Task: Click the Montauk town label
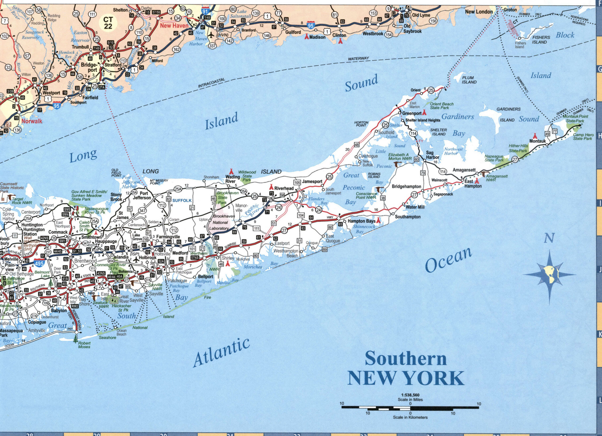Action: (x=538, y=141)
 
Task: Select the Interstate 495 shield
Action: (x=40, y=263)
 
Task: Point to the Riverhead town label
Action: (x=284, y=188)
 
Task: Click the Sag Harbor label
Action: (x=432, y=155)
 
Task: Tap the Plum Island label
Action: (x=469, y=80)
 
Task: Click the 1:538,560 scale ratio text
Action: (x=410, y=395)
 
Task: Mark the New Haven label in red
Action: (x=174, y=26)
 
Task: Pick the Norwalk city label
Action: (x=32, y=121)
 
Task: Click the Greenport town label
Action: (x=412, y=113)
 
